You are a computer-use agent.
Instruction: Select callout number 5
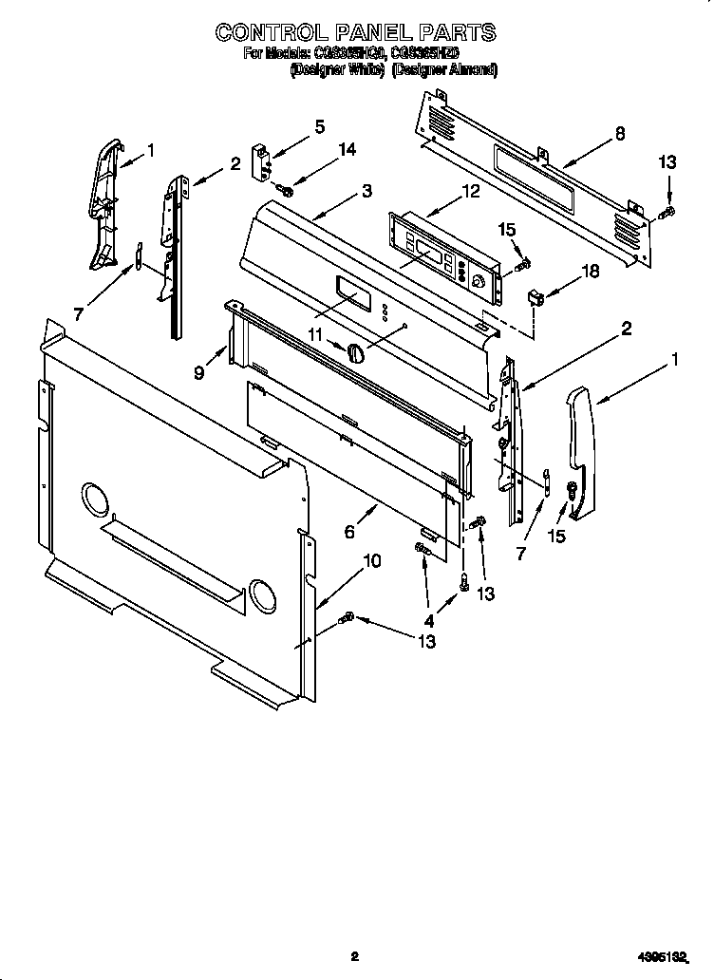coord(319,126)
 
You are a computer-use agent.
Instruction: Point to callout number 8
coord(619,134)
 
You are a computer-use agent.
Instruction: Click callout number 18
coord(590,272)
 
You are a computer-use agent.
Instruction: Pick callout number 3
coord(366,191)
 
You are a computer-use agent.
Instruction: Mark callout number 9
coord(199,373)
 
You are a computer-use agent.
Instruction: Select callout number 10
coord(372,560)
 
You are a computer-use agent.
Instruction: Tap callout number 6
coord(349,533)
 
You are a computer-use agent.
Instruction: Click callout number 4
coord(428,621)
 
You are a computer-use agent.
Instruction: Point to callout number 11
coord(314,334)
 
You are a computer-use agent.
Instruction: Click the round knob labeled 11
coord(356,352)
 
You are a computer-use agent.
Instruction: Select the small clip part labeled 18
coord(537,299)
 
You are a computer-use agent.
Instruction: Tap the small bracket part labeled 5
coord(259,160)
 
